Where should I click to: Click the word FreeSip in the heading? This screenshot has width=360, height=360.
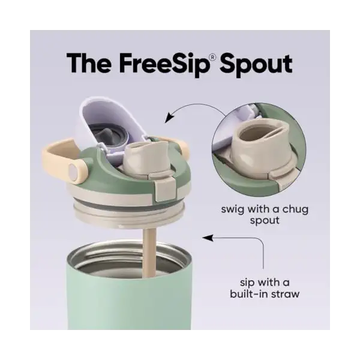pyautogui.click(x=162, y=63)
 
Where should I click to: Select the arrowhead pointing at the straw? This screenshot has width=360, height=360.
pyautogui.click(x=206, y=238)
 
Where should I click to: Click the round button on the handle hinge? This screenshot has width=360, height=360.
pyautogui.click(x=73, y=172)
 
